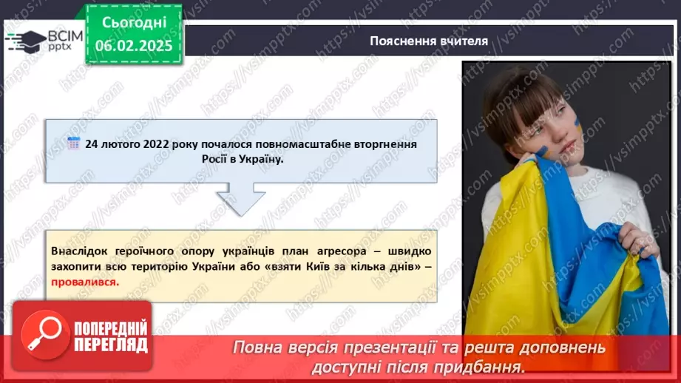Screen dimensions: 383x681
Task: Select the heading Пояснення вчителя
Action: (x=429, y=41)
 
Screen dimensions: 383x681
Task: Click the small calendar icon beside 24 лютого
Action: (x=73, y=143)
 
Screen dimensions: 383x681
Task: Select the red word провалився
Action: (x=84, y=282)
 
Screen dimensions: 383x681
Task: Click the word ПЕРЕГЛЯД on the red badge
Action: (x=111, y=344)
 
